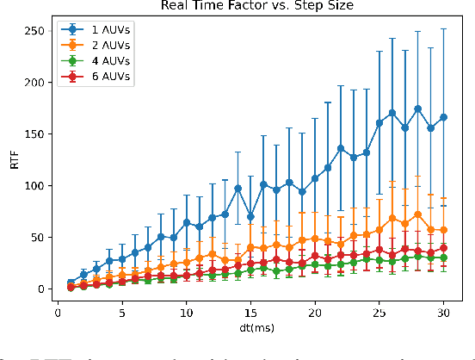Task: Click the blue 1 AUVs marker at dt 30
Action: click(443, 117)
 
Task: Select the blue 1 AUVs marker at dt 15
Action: click(250, 216)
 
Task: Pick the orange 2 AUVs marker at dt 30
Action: click(443, 230)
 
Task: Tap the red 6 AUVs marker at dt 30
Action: click(443, 248)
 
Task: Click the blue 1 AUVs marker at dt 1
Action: click(71, 282)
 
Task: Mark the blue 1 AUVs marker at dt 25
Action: click(379, 123)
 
